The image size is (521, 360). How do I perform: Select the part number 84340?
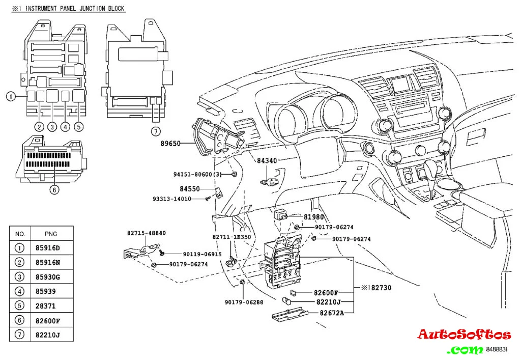(x=267, y=161)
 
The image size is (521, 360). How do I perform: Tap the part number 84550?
(x=189, y=188)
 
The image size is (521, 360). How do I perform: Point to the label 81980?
(x=314, y=217)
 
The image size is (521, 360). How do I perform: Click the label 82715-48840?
(x=146, y=233)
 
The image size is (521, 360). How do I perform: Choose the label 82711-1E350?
(x=231, y=237)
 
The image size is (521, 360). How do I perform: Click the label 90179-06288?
(x=244, y=302)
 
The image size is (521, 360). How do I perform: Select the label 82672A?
(x=332, y=312)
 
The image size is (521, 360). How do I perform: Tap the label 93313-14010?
(x=171, y=199)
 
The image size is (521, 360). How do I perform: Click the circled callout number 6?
(x=54, y=190)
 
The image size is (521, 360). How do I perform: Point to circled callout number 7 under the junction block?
(x=156, y=132)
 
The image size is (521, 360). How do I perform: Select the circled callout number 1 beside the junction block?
(x=10, y=96)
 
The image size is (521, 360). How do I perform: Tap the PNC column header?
(x=51, y=234)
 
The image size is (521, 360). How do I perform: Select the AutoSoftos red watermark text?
(x=464, y=335)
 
